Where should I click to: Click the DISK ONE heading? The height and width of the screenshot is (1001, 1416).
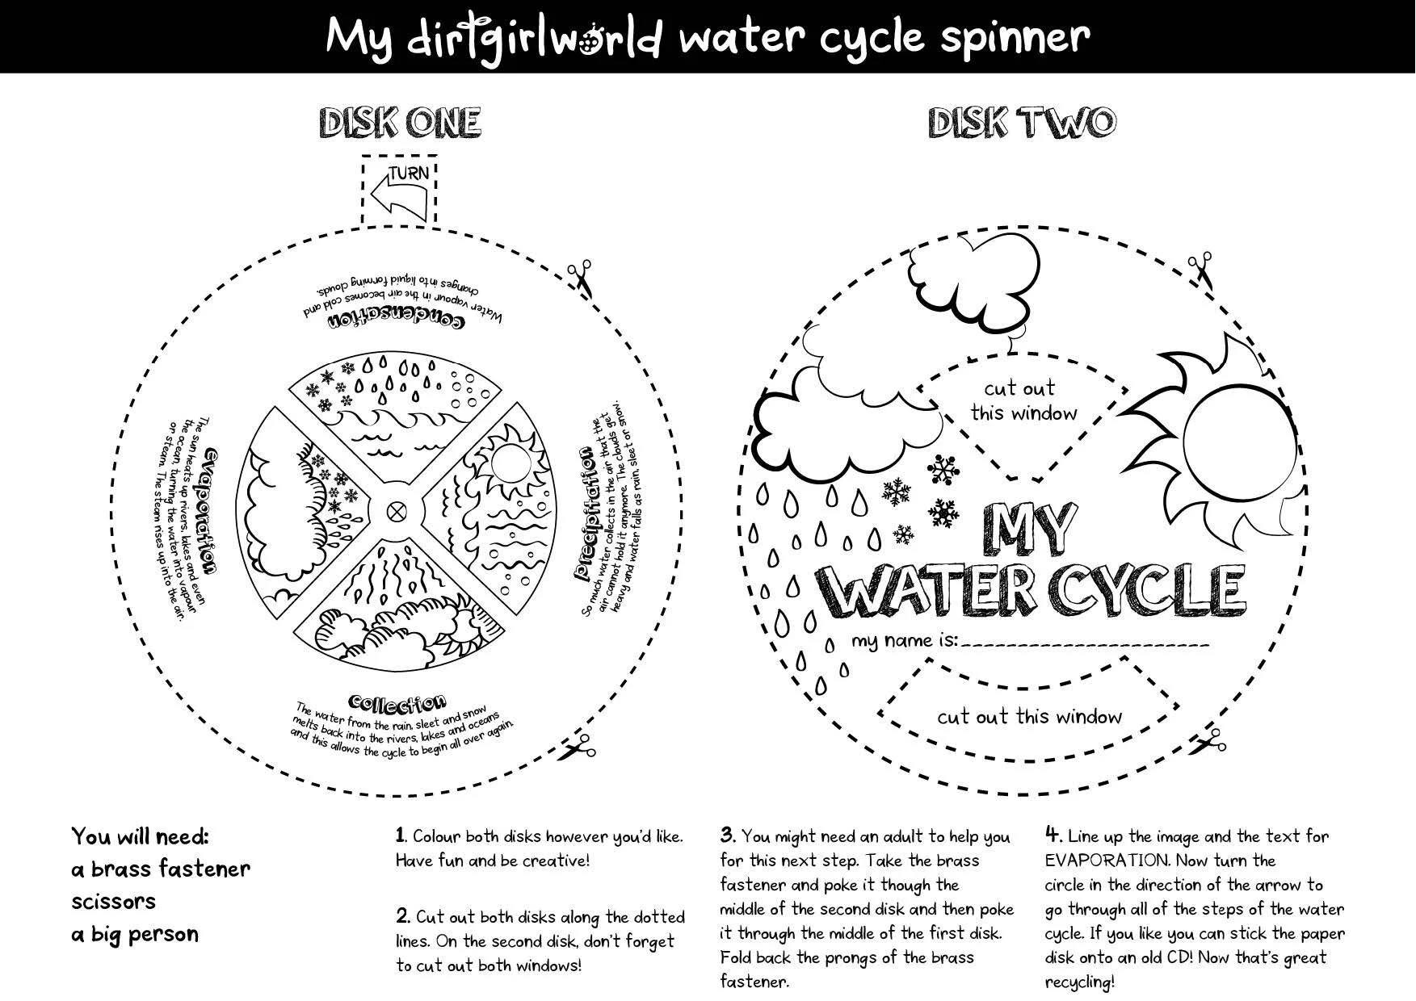[x=401, y=123]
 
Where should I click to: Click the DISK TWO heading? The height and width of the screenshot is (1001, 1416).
[x=1021, y=123]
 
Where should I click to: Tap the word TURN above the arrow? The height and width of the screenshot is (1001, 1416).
[x=409, y=173]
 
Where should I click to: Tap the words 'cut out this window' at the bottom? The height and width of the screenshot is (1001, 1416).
[x=1029, y=716]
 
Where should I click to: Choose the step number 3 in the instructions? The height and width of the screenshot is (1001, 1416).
[x=727, y=835]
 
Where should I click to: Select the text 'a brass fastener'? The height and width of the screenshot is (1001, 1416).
[x=161, y=869]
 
